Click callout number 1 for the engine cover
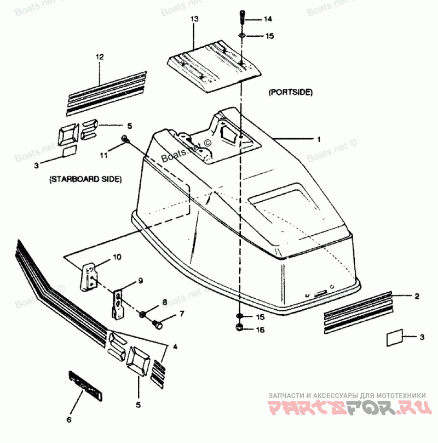(x=318, y=140)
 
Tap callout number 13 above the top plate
(x=193, y=19)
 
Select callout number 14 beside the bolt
(x=267, y=20)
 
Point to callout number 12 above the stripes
(x=99, y=56)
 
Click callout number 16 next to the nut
(x=260, y=330)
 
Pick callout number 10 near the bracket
(x=118, y=257)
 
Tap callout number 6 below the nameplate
(x=68, y=421)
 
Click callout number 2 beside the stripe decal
(x=417, y=297)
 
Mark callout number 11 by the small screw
(x=103, y=156)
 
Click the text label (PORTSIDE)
(x=290, y=93)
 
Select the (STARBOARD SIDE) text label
(x=85, y=179)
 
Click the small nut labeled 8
(x=142, y=314)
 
